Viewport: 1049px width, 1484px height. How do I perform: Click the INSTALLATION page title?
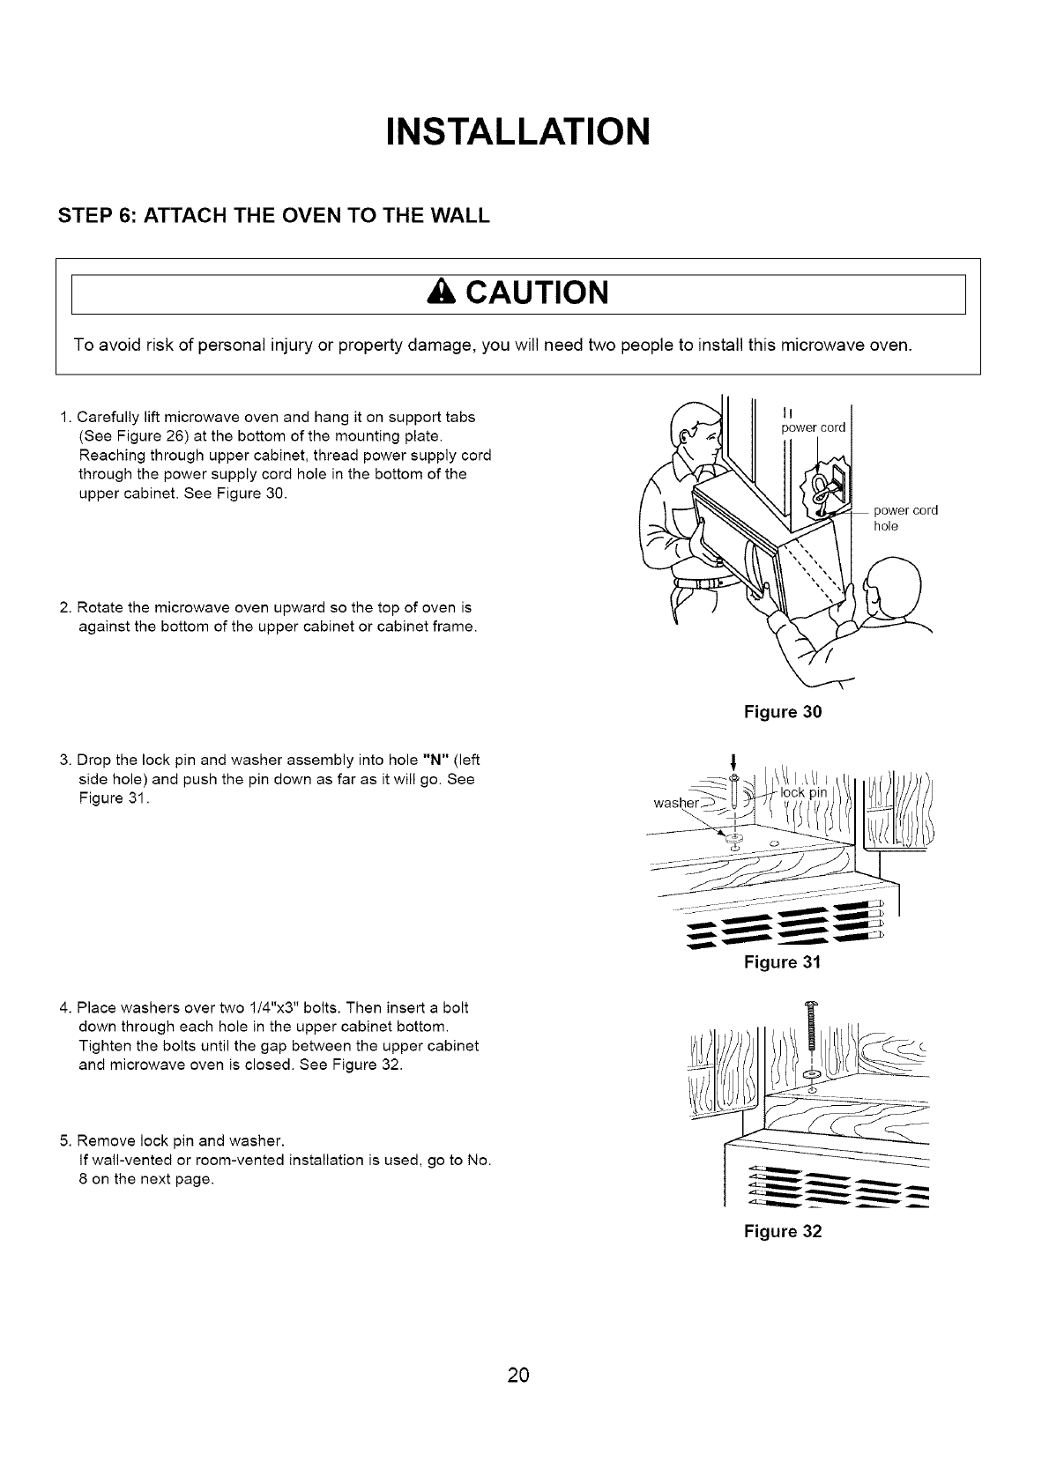pos(518,131)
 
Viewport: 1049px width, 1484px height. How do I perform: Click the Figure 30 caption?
pos(783,711)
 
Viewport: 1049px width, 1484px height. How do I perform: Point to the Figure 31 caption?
pos(783,962)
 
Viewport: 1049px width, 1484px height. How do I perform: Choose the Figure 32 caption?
pos(783,1232)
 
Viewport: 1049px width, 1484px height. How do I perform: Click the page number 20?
pos(518,1376)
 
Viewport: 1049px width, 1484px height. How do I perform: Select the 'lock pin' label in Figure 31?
pos(806,792)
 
